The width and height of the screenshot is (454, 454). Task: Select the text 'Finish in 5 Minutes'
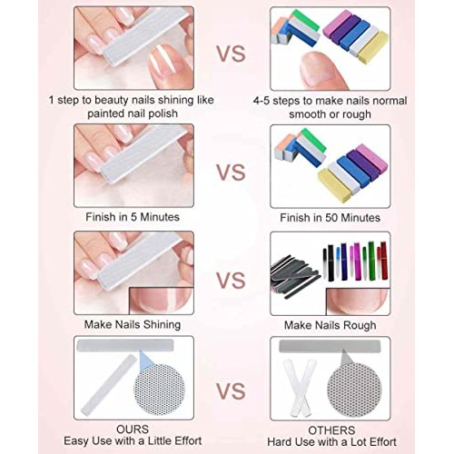pos(133,216)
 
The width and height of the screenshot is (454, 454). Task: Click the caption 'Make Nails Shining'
pos(133,323)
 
